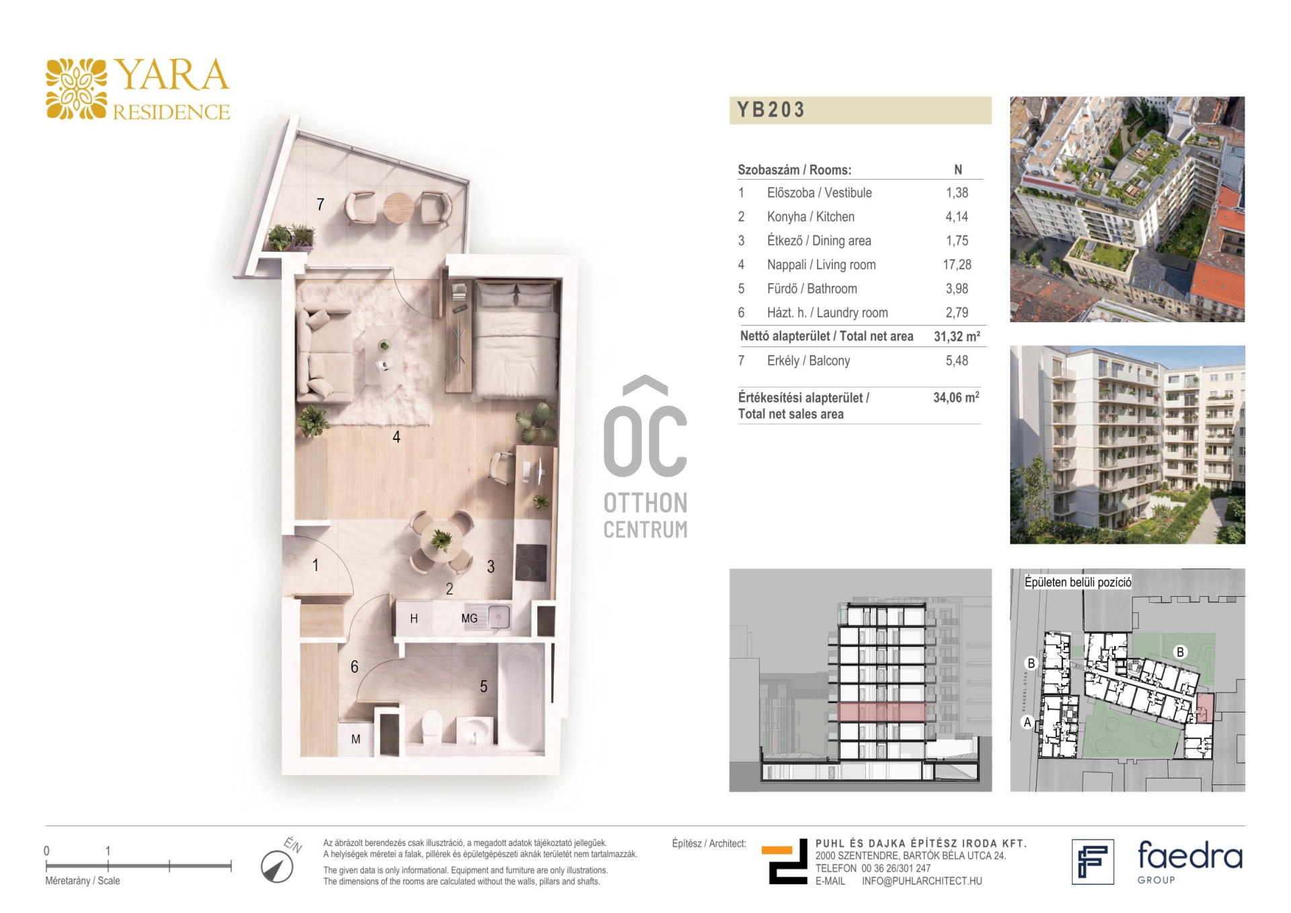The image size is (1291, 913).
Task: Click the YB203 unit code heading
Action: pos(771,110)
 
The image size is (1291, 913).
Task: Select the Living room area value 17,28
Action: pos(957,265)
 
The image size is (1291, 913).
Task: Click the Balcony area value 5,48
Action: pos(957,361)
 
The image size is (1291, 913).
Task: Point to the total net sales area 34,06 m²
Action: pos(956,397)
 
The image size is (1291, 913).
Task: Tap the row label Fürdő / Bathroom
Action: pos(812,289)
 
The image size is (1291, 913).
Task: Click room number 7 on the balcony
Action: pos(321,204)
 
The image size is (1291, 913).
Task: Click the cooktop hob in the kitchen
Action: pos(531,562)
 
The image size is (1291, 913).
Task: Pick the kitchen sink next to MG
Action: pos(498,617)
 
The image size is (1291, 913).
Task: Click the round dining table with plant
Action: pos(442,541)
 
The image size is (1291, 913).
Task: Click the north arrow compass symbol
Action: pos(277,867)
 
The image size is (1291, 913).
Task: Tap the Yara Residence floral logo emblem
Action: pos(76,89)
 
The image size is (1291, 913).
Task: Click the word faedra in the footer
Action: pos(1189,856)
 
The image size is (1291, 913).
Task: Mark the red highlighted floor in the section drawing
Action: pos(882,712)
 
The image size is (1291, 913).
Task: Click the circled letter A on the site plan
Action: pos(1027,723)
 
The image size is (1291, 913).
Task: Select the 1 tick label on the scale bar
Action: pos(108,850)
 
